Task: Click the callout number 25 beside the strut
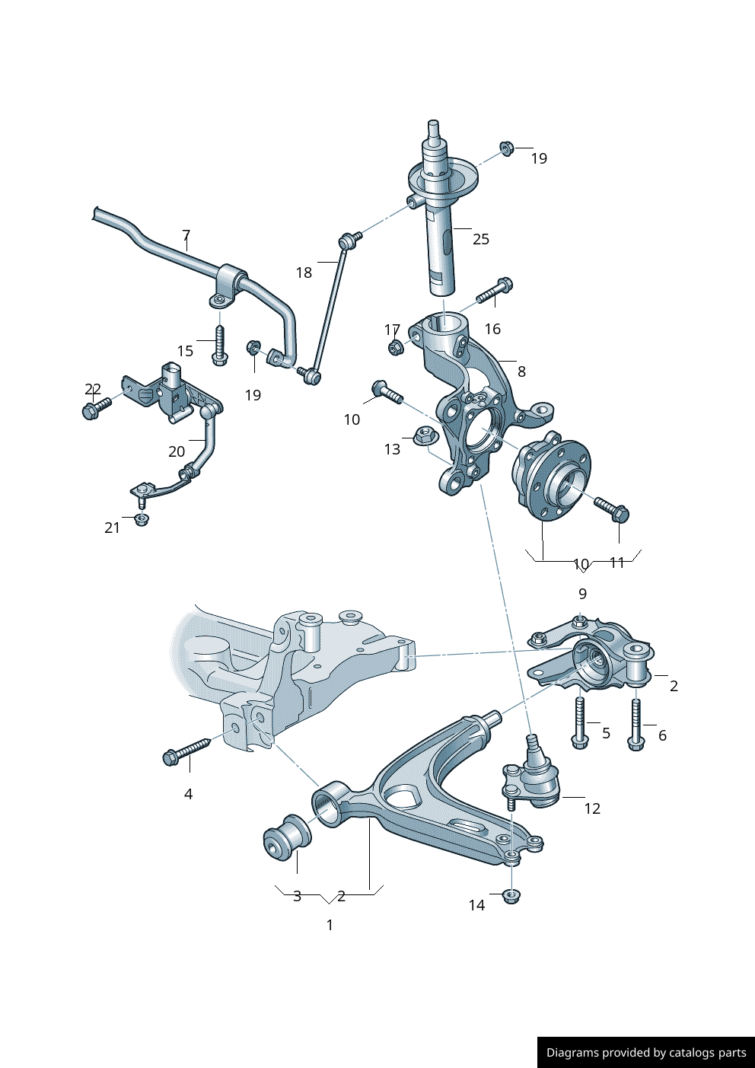coord(481,239)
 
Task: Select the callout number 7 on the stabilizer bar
coord(186,235)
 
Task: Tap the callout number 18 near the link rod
coord(304,273)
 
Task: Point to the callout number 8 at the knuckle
coord(521,371)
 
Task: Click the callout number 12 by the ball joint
coord(592,808)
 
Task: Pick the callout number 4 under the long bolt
coord(188,794)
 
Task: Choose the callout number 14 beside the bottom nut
coord(476,905)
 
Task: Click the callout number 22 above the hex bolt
coord(93,389)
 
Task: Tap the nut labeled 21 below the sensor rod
coord(141,519)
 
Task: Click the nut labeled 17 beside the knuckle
coord(394,348)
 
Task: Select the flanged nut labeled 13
coord(424,437)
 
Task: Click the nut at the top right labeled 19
coord(506,147)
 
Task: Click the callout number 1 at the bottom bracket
coord(330,925)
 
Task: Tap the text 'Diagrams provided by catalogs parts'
coord(646,1053)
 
